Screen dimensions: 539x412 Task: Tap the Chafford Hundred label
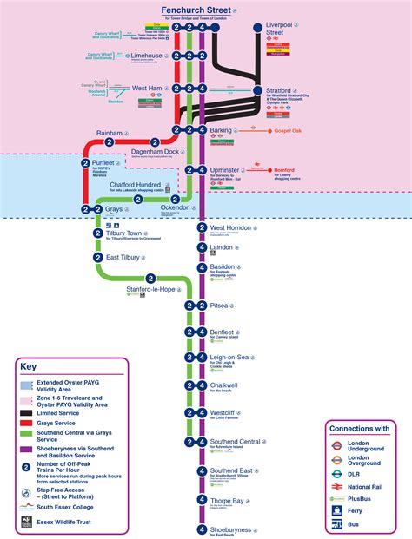point(135,185)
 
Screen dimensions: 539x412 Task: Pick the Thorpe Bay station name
point(229,500)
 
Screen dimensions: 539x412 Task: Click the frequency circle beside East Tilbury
point(98,258)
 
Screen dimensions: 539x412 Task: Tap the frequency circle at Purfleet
point(85,162)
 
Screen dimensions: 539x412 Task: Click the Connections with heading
point(359,428)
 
